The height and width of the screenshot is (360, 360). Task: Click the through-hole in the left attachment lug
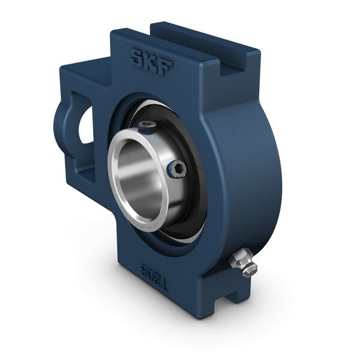point(86,126)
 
